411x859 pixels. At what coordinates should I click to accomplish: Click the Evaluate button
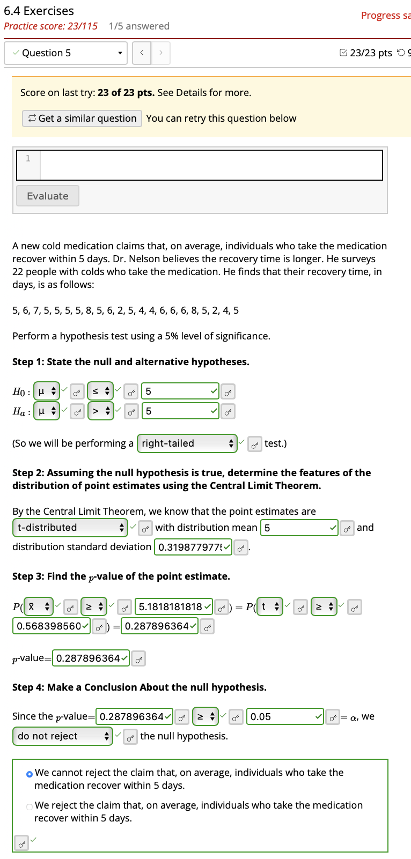(x=48, y=196)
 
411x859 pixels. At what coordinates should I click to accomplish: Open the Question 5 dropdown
(x=66, y=53)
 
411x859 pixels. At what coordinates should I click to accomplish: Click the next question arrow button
(x=160, y=53)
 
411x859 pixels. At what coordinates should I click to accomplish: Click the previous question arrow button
(x=142, y=53)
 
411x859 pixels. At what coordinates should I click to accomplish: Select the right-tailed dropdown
(x=187, y=443)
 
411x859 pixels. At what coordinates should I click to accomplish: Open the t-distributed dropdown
(x=70, y=528)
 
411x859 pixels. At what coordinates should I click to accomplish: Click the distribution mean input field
(x=298, y=528)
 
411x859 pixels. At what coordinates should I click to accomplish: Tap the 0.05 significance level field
(x=284, y=716)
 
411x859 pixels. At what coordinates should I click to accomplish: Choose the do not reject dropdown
(x=62, y=736)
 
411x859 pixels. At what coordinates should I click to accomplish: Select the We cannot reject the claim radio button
(x=30, y=774)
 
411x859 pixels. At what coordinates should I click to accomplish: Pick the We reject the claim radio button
(x=30, y=806)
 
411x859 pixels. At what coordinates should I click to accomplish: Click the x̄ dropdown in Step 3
(x=39, y=606)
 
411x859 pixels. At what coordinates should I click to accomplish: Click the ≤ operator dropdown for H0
(x=100, y=391)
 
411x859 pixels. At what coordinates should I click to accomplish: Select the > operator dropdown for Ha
(x=100, y=411)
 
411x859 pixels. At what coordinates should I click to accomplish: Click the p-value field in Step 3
(x=90, y=658)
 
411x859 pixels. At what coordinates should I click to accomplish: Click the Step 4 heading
(x=139, y=687)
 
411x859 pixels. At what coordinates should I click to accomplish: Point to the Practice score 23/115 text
(x=50, y=26)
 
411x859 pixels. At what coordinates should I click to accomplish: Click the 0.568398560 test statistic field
(x=50, y=626)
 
